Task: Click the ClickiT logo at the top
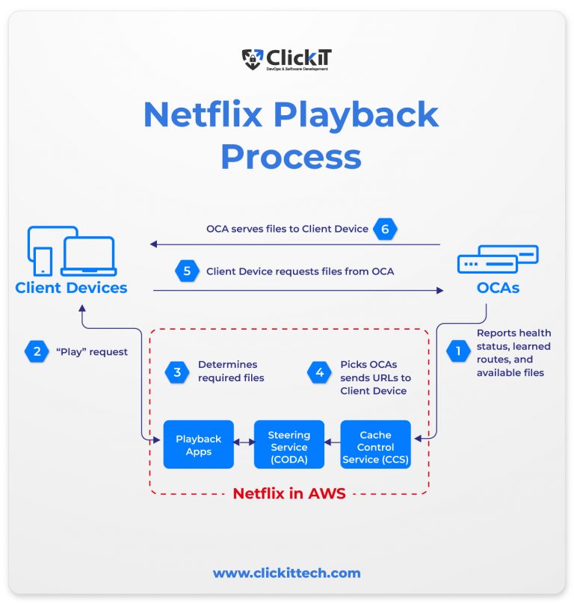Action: point(286,59)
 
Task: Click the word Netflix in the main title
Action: point(202,114)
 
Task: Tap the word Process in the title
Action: point(291,156)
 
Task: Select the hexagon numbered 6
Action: point(385,229)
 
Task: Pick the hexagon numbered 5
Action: point(187,271)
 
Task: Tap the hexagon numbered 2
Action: point(36,350)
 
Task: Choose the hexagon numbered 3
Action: point(177,372)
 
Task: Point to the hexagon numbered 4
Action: point(320,372)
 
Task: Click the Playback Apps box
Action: point(199,445)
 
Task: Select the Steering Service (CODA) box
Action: point(288,445)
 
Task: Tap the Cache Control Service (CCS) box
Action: point(376,445)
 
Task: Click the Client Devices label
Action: point(71,288)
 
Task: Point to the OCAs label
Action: point(498,288)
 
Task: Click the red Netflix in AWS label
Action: point(288,493)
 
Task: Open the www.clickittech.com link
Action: point(286,573)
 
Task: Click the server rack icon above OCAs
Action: point(498,259)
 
